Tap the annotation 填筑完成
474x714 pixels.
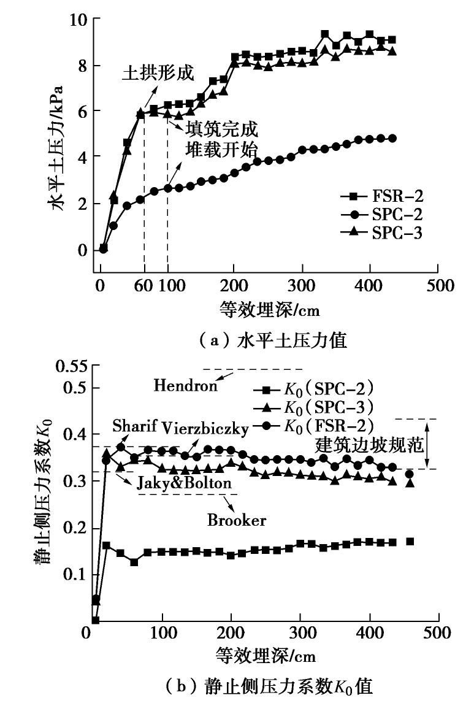221,129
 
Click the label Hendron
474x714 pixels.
185,385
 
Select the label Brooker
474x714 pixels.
237,520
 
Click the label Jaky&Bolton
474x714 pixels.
184,483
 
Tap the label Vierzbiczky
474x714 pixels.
205,428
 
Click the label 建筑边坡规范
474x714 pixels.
370,446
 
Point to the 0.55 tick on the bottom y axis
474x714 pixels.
70,368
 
